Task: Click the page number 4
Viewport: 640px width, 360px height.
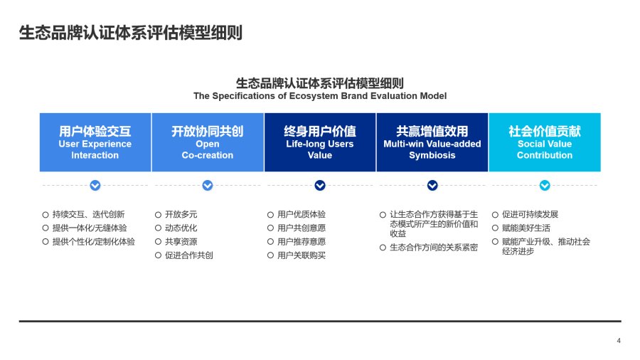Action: [x=619, y=340]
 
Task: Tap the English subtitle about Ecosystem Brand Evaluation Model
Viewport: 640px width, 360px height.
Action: [x=320, y=96]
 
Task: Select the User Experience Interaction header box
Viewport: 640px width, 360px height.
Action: [x=95, y=142]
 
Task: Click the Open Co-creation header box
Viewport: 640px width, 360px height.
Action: [x=208, y=142]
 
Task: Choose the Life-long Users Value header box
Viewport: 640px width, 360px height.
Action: [x=320, y=142]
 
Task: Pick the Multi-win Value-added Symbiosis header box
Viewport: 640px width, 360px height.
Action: [x=432, y=142]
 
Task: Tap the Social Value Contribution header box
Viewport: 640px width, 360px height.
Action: [x=545, y=142]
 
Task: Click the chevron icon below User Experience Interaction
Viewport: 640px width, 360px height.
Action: [x=95, y=185]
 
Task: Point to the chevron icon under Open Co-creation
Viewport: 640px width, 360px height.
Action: [x=208, y=185]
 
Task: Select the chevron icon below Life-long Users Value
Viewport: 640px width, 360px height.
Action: [x=320, y=185]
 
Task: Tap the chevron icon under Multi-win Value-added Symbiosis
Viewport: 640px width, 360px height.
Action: [x=432, y=185]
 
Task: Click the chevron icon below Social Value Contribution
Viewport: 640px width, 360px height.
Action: [x=545, y=185]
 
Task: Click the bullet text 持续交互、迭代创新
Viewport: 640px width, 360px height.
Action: [x=89, y=214]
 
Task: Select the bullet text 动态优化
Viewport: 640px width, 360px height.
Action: [x=181, y=228]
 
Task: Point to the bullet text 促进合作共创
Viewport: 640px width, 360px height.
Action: [x=189, y=255]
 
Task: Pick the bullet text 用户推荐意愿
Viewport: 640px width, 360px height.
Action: [x=302, y=242]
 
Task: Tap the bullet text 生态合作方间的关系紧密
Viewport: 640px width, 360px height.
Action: [x=434, y=248]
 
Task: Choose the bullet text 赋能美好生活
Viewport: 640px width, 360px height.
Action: [x=526, y=228]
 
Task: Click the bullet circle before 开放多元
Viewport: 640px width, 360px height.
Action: [x=158, y=215]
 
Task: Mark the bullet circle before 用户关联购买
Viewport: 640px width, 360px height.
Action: [x=270, y=255]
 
